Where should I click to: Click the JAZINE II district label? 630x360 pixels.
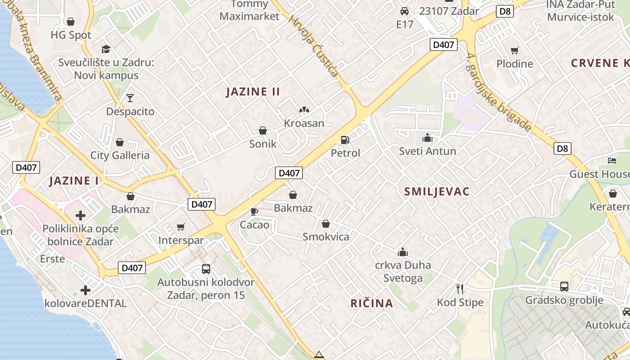coord(253,92)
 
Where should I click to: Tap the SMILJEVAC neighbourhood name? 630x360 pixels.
coord(436,192)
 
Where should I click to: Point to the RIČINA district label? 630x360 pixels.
coord(372,303)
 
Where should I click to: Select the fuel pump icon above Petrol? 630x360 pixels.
coord(345,140)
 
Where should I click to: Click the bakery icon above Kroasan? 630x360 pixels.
coord(304,110)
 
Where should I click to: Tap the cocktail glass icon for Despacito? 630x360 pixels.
coord(130,98)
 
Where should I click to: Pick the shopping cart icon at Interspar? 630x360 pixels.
coord(181,227)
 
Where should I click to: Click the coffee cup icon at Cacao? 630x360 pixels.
coord(254,211)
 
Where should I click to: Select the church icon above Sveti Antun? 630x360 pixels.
coord(427,138)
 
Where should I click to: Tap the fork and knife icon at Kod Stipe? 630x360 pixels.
coord(460,288)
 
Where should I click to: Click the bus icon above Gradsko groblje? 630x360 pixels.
coord(564,286)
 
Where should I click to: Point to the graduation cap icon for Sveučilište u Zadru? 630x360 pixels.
coord(106,49)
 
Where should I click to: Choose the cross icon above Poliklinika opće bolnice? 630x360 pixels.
coord(81,216)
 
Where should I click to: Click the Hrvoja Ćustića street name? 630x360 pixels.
coord(314,46)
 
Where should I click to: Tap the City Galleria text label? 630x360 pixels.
coord(120,156)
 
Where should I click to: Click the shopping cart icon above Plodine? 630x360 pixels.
coord(515,51)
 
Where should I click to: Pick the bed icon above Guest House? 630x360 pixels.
coord(612,161)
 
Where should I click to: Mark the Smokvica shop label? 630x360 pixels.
coord(326,237)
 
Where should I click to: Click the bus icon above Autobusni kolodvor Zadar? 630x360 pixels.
coord(206,269)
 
